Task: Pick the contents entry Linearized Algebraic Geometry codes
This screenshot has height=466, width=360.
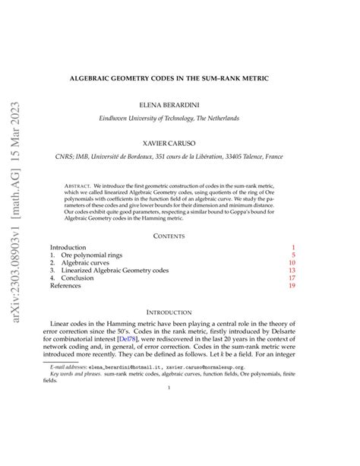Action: [x=114, y=278]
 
